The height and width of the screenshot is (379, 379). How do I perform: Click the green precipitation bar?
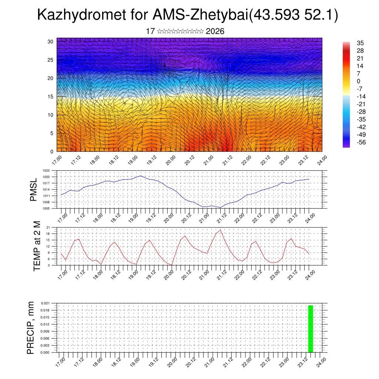[x=311, y=329]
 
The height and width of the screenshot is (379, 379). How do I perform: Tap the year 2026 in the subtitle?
[x=215, y=31]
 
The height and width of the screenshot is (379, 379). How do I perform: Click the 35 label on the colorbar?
[x=360, y=43]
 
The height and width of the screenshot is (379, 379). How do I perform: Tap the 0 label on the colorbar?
[x=358, y=81]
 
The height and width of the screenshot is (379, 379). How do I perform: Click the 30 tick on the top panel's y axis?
[x=50, y=41]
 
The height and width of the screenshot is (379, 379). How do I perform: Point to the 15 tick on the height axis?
[x=50, y=97]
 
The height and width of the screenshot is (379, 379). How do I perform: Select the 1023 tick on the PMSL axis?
[x=46, y=171]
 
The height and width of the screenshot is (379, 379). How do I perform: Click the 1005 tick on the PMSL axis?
[x=46, y=208]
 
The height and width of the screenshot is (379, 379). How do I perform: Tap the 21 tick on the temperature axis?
[x=48, y=227]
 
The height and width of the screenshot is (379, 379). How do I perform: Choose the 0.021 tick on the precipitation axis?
[x=45, y=303]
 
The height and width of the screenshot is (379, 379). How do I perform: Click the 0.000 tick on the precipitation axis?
[x=45, y=353]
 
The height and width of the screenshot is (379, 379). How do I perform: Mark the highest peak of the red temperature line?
[x=221, y=230]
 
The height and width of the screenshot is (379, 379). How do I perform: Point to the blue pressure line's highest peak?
[x=141, y=176]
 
